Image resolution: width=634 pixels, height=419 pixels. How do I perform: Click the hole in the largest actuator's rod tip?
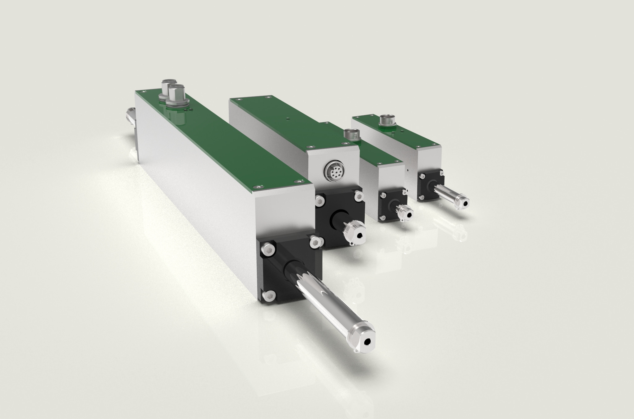tap(367, 341)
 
